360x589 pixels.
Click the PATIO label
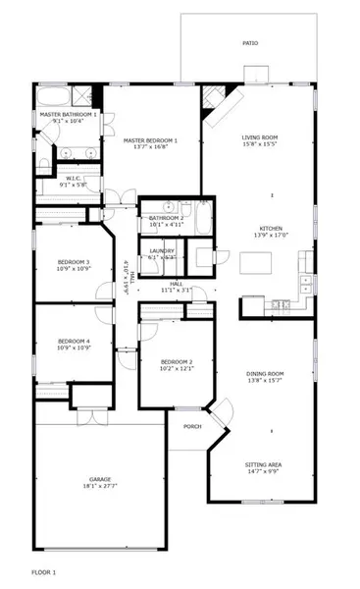click(250, 44)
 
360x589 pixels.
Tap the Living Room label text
click(260, 138)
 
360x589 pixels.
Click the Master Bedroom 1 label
click(149, 141)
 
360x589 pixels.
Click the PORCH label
click(191, 426)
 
